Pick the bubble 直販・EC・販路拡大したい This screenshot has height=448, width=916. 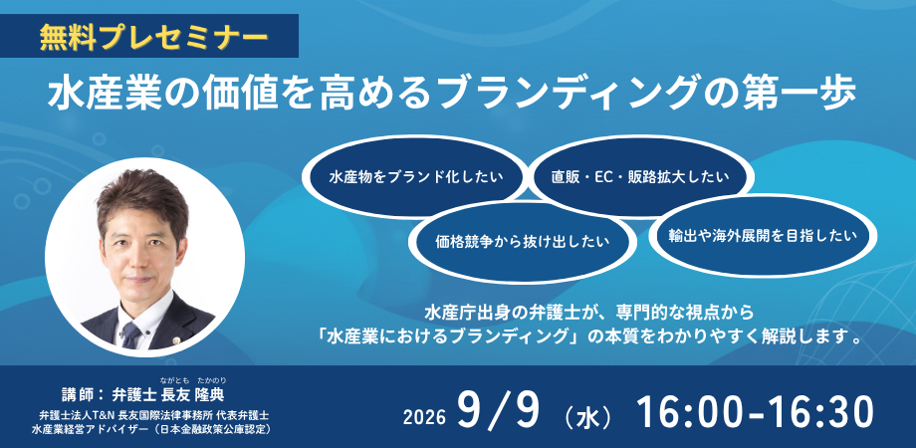(x=640, y=176)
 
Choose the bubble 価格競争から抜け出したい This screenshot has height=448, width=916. (x=523, y=241)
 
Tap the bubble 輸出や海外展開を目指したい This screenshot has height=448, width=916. (x=763, y=235)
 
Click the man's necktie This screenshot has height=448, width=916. (x=130, y=334)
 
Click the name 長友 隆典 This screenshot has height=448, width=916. (x=192, y=394)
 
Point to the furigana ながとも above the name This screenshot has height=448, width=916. (x=173, y=381)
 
